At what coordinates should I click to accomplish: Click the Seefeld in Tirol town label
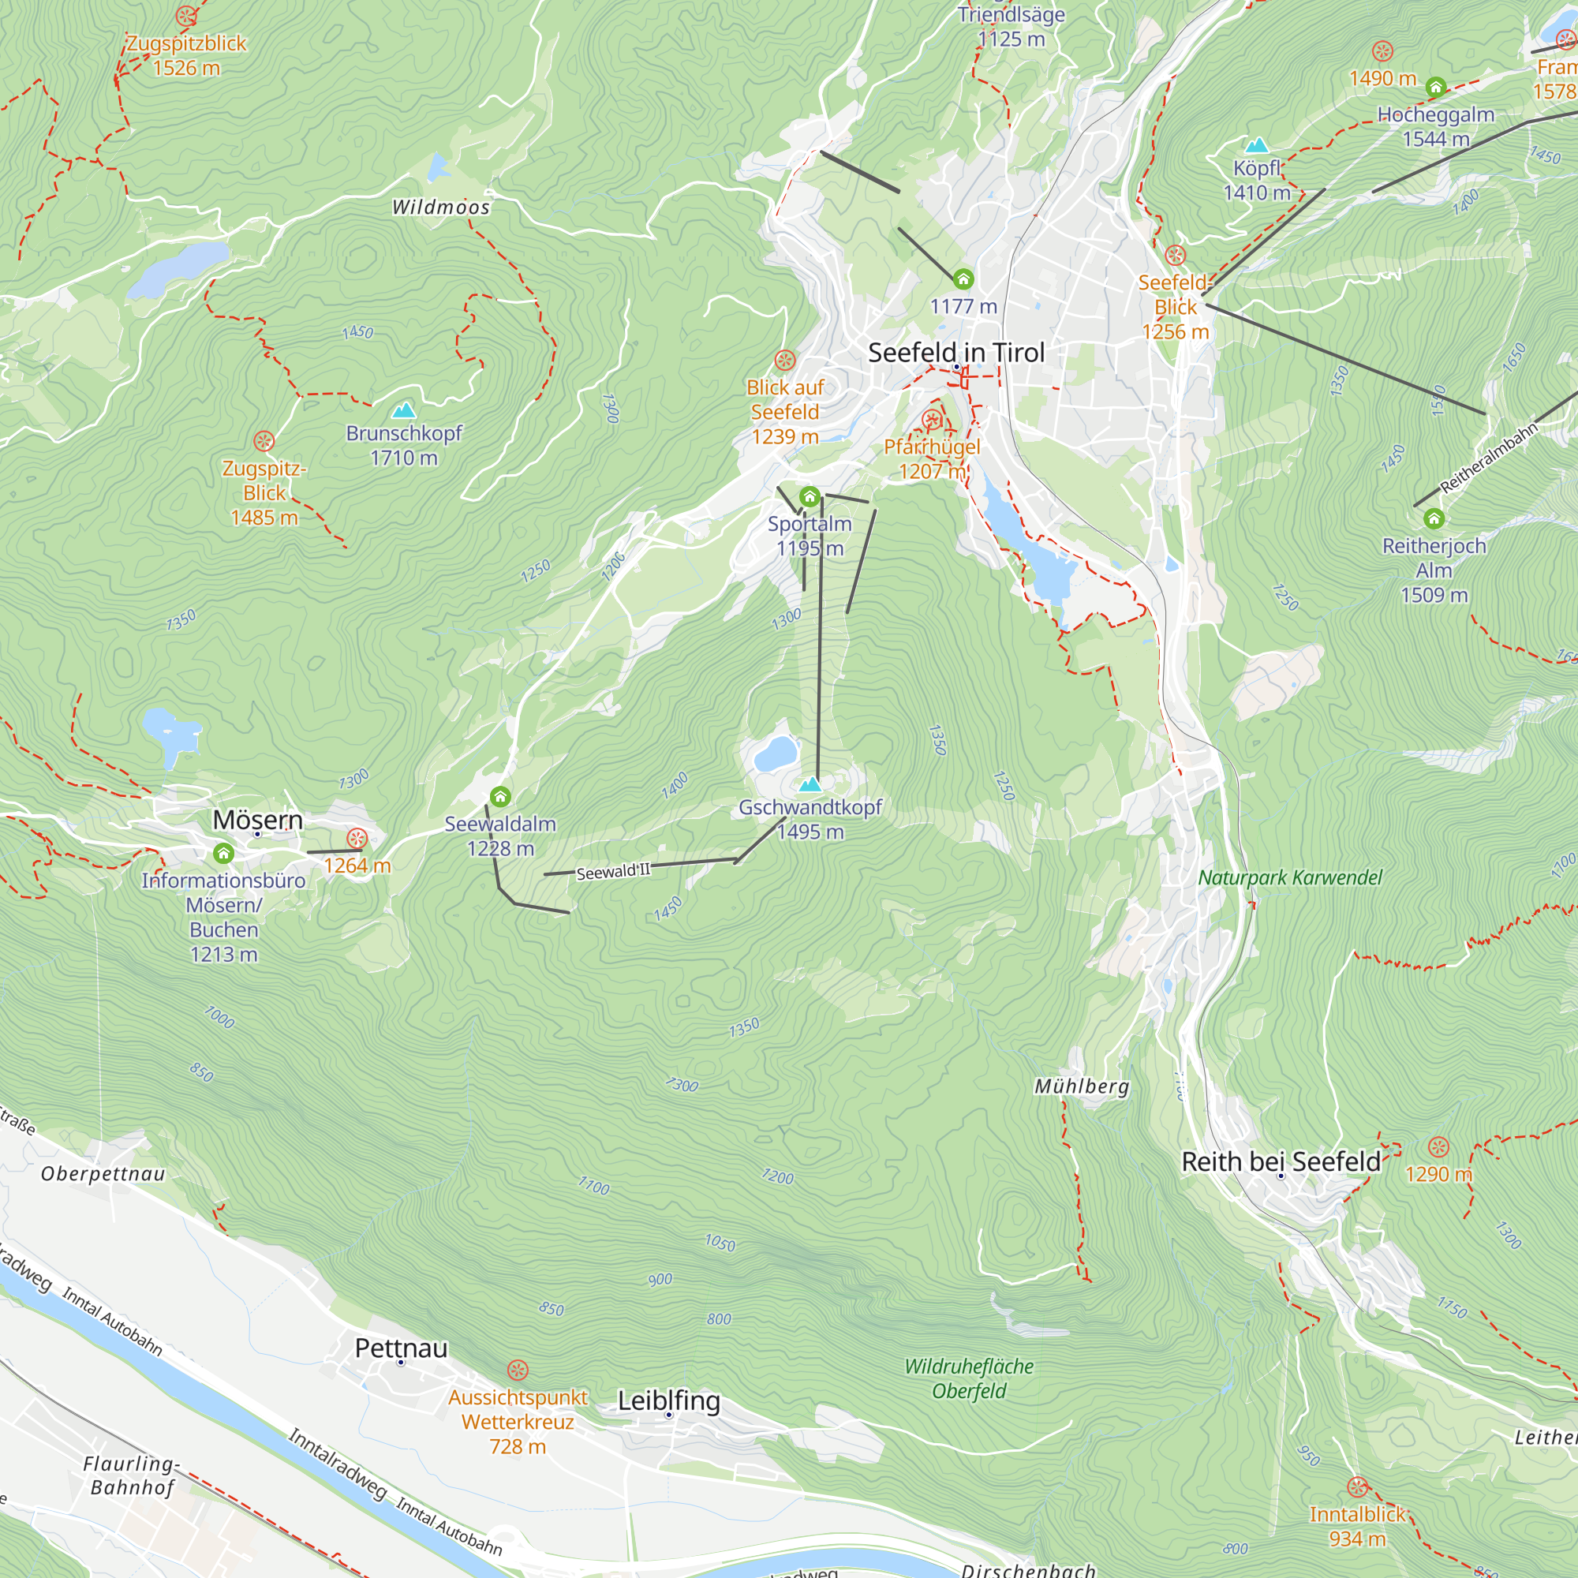coord(955,353)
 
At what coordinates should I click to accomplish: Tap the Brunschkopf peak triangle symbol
coord(403,410)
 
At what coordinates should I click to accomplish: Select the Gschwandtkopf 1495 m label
coord(810,819)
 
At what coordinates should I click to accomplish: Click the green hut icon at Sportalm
coord(810,496)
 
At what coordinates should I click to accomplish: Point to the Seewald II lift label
coord(613,872)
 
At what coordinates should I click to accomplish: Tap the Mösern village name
coord(257,819)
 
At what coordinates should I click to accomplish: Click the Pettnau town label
coord(401,1348)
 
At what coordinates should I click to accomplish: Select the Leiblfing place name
coord(669,1400)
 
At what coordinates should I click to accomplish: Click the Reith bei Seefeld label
coord(1281,1161)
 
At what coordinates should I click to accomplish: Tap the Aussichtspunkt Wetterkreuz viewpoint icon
coord(518,1370)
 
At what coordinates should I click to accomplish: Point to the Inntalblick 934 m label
coord(1357,1527)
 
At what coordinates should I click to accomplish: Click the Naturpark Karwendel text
coord(1290,878)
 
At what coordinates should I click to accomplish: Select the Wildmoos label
coord(441,208)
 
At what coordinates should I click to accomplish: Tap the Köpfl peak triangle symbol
coord(1257,146)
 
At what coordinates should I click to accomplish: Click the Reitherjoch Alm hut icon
coord(1434,518)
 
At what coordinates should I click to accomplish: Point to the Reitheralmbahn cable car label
coord(1488,458)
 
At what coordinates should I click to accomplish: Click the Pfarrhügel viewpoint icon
coord(931,421)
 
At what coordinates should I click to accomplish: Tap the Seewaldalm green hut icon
coord(501,796)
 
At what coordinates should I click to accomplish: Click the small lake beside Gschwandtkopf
coord(775,753)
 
